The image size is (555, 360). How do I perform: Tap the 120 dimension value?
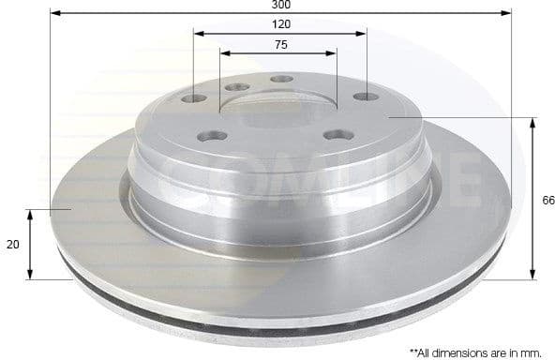280,23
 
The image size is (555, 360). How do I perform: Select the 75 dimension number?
280,44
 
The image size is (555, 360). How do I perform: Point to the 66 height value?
548,200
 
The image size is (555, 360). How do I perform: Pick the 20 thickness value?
12,244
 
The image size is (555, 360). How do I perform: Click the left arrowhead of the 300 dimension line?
54,14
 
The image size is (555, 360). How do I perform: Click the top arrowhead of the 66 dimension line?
533,122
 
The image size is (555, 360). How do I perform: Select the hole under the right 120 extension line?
364,97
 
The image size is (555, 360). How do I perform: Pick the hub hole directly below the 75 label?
281,80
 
